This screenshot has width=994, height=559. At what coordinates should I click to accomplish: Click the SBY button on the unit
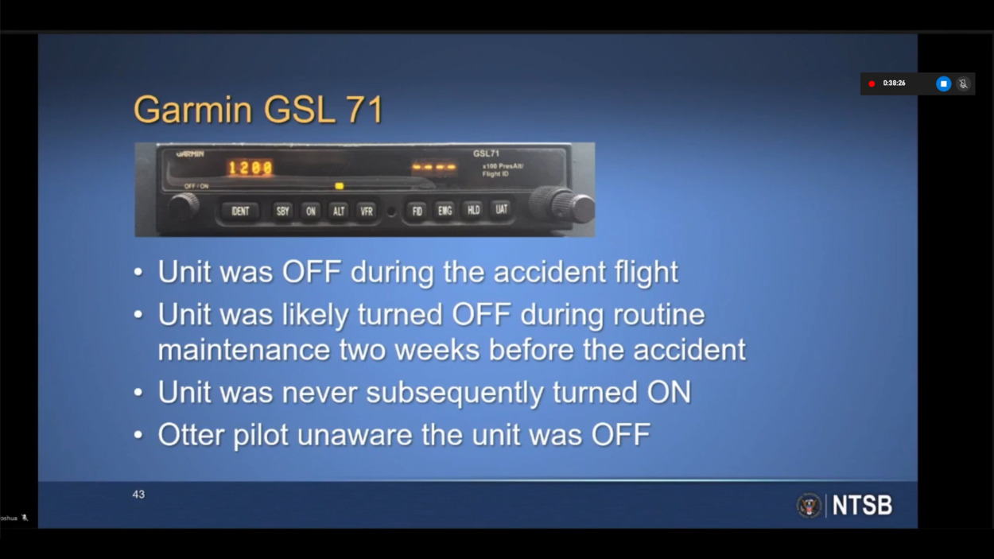coord(282,212)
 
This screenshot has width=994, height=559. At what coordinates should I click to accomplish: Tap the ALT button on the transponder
coord(339,212)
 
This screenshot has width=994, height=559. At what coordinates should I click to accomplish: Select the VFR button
coord(367,212)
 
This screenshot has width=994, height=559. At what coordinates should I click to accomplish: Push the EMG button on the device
coord(445,211)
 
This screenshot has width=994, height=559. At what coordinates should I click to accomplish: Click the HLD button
coord(473,210)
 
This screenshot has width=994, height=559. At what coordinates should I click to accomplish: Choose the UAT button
coord(501,209)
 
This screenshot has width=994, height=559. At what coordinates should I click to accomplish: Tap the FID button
coord(417,212)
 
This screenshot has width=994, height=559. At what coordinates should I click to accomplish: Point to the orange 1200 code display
coord(250,168)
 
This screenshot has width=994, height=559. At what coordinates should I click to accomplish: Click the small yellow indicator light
coord(339,186)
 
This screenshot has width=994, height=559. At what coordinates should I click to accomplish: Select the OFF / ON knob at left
coord(183,208)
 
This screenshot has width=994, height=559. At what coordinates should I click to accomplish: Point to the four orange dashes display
coord(434,167)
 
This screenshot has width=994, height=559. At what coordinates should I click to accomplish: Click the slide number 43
coord(138,495)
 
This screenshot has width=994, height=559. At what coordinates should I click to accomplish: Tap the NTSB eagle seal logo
coord(808,505)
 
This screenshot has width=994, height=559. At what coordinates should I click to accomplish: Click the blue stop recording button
coord(943,83)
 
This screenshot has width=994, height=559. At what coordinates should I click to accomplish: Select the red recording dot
coord(872,83)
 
